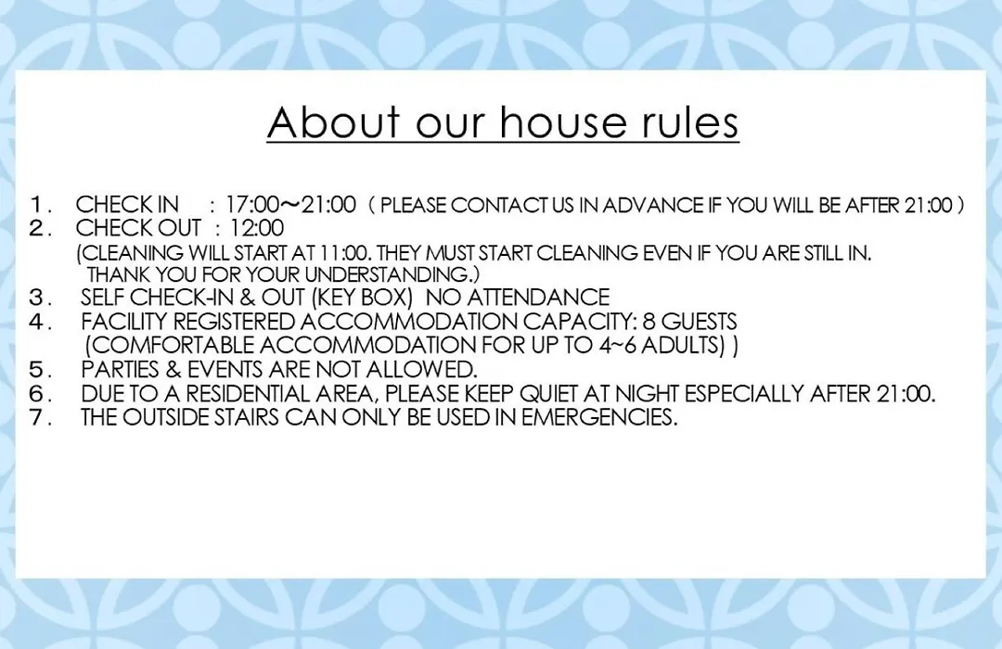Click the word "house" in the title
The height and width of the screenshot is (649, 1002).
(x=562, y=121)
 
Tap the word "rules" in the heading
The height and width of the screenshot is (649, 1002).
(x=690, y=121)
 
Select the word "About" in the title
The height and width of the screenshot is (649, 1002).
(x=334, y=121)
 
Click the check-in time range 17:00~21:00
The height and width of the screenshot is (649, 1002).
(x=290, y=204)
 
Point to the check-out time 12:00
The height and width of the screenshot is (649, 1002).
(x=257, y=228)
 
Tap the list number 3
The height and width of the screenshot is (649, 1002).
(x=39, y=298)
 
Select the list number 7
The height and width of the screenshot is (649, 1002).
(x=39, y=418)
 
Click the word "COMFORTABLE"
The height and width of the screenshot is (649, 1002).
(x=173, y=346)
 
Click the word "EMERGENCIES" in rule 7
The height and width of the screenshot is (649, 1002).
(x=598, y=418)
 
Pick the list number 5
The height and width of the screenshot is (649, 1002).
(x=39, y=370)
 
